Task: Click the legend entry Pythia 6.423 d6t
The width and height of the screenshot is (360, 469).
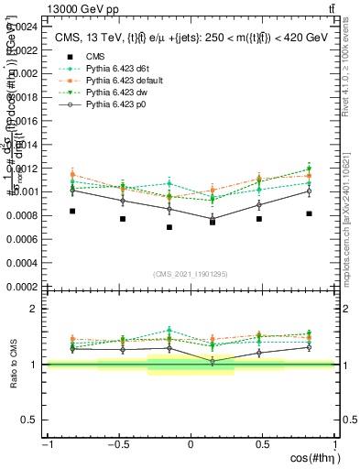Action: pos(115,67)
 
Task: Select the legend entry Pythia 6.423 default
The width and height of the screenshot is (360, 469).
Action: pos(121,79)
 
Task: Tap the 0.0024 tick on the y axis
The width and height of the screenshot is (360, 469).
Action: pos(23,26)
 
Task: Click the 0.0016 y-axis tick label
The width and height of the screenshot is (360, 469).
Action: pos(23,121)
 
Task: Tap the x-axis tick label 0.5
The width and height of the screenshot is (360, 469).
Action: pos(263,445)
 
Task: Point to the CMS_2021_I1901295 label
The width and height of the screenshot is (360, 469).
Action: pos(191,273)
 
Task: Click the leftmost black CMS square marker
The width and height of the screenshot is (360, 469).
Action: pos(72,211)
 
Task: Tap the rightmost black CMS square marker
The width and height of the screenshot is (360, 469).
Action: pos(310,213)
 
